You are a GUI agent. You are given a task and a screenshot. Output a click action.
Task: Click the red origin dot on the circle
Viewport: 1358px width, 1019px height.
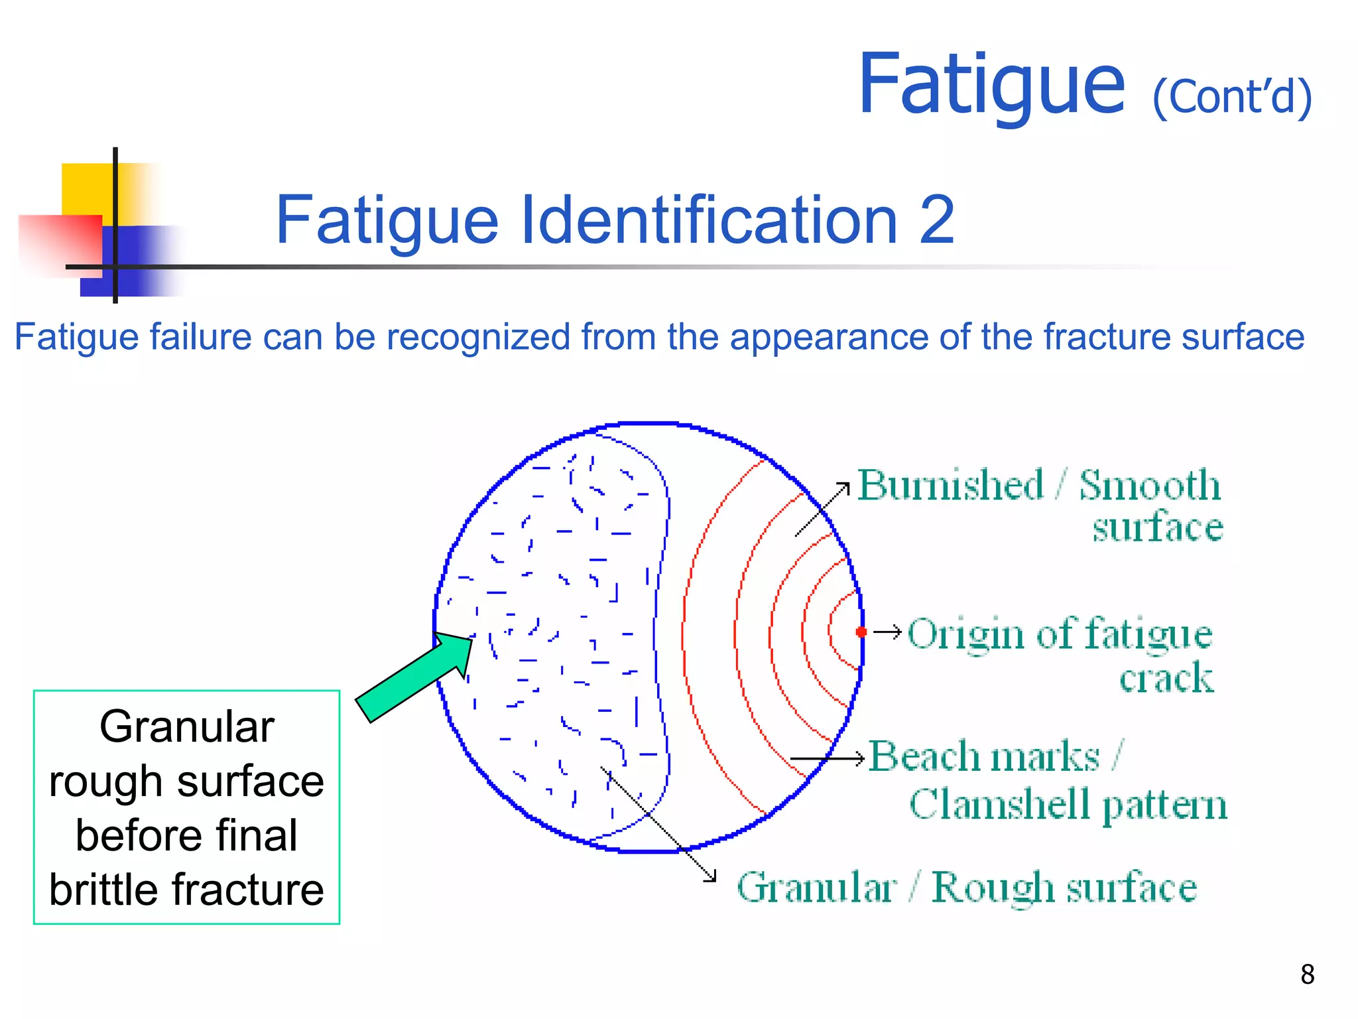(861, 632)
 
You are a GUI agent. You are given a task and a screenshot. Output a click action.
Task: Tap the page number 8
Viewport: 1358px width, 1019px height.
(1307, 975)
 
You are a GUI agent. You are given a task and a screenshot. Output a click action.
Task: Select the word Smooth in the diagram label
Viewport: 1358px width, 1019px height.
(1150, 485)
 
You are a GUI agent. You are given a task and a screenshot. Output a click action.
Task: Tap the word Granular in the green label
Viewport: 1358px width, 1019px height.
(816, 887)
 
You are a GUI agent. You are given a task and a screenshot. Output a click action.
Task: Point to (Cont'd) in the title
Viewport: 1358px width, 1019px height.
(1231, 98)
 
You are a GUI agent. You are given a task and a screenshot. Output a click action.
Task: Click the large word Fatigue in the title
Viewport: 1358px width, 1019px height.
(991, 84)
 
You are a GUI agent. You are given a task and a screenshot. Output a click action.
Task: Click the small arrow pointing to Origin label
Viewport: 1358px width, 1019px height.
(887, 632)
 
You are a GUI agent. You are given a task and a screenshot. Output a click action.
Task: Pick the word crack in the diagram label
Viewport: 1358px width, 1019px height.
(1166, 678)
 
